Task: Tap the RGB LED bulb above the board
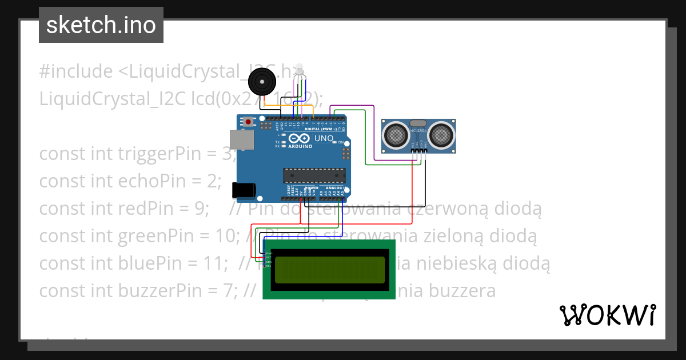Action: pyautogui.click(x=300, y=72)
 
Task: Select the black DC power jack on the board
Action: pyautogui.click(x=242, y=190)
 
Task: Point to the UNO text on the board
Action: pyautogui.click(x=324, y=138)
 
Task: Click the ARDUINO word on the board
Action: pyautogui.click(x=301, y=146)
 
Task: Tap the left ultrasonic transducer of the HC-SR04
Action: pyautogui.click(x=395, y=135)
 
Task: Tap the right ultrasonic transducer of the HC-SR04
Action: pyautogui.click(x=441, y=135)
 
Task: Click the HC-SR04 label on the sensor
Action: pyautogui.click(x=418, y=131)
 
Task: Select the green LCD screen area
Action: pyautogui.click(x=330, y=270)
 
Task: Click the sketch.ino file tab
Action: pyautogui.click(x=101, y=25)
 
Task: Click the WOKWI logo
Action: pyautogui.click(x=607, y=315)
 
